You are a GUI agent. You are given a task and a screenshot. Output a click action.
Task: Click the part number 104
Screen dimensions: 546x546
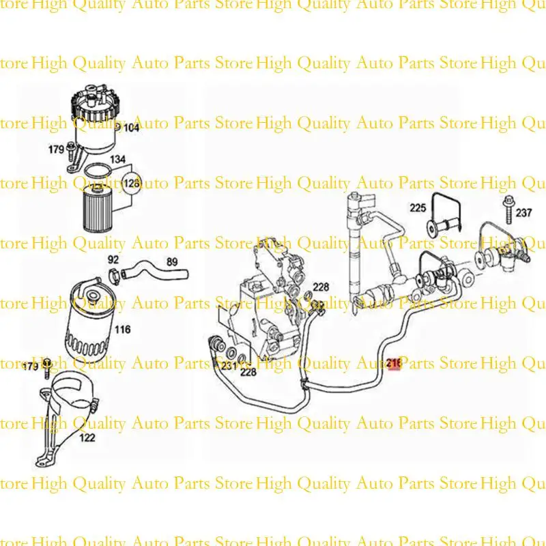130,128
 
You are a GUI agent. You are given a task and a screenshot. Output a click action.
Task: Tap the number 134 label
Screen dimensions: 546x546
117,160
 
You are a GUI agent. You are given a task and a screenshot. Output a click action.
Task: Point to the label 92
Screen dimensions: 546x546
114,260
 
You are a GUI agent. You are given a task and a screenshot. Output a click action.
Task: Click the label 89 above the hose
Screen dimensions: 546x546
171,262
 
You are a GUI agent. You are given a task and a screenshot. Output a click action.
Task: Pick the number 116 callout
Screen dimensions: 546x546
122,330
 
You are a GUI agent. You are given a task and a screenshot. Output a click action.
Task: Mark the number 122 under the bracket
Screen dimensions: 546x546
87,437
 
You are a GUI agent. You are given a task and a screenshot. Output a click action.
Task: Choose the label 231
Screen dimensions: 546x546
228,366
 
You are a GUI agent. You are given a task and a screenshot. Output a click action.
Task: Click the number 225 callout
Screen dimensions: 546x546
418,207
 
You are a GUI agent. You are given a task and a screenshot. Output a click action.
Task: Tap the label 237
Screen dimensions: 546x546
523,213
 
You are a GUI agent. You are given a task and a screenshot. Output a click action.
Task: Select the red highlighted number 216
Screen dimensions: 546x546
394,365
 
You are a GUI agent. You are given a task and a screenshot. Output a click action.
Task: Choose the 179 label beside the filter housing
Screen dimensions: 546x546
56,149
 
